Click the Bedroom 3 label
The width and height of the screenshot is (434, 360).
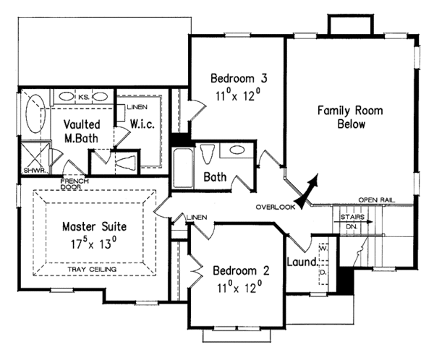(x=234, y=78)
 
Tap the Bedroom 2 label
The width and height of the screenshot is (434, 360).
(x=241, y=272)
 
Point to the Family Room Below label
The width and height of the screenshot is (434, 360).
(x=350, y=117)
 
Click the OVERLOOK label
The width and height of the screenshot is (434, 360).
(x=276, y=207)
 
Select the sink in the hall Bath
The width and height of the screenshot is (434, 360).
(x=235, y=150)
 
